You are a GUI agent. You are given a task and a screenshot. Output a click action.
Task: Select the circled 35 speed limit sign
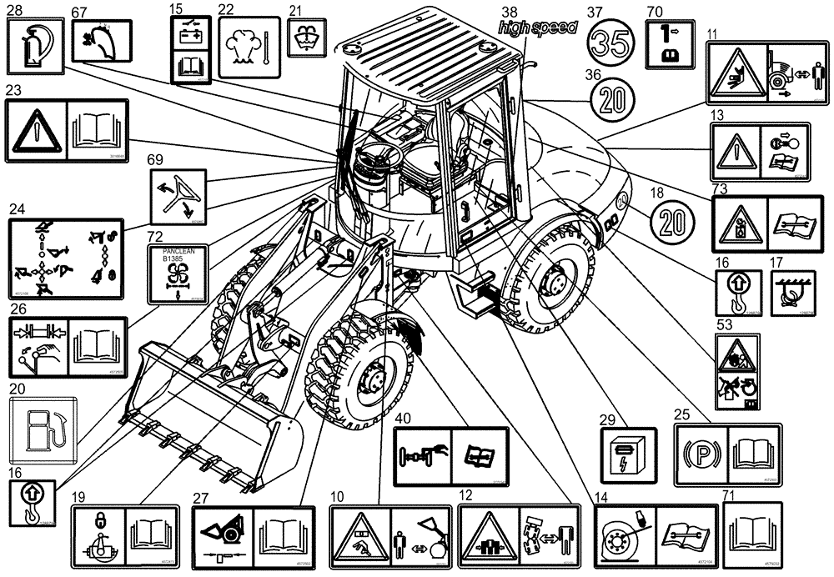[615, 42]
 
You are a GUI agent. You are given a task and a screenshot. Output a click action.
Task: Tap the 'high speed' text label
[537, 28]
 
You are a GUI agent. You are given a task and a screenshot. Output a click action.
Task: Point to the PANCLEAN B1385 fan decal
[178, 275]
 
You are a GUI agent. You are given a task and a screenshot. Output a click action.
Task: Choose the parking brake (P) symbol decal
[699, 456]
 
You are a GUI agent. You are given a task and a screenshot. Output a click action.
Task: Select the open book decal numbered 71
[751, 535]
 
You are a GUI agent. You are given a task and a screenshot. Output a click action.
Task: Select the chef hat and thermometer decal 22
[247, 49]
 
